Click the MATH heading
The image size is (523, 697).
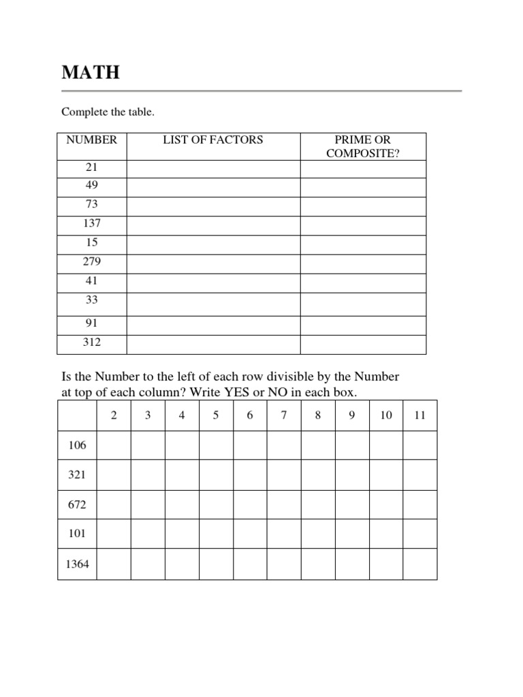(91, 72)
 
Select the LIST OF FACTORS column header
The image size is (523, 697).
(212, 140)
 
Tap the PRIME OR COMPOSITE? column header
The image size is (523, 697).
(363, 146)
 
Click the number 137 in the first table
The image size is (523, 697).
(92, 223)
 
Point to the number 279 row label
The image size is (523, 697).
(92, 261)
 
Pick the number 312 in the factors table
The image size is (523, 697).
(92, 342)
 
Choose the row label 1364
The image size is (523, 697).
(77, 564)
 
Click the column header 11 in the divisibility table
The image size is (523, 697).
(419, 415)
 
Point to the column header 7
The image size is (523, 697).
(284, 415)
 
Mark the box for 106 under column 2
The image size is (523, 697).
(114, 445)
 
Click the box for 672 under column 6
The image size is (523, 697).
(250, 505)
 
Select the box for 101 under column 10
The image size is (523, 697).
(386, 534)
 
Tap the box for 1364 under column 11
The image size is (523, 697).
(419, 564)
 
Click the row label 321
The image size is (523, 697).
(77, 475)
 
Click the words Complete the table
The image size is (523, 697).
(108, 112)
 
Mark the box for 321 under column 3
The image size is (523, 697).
(148, 475)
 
